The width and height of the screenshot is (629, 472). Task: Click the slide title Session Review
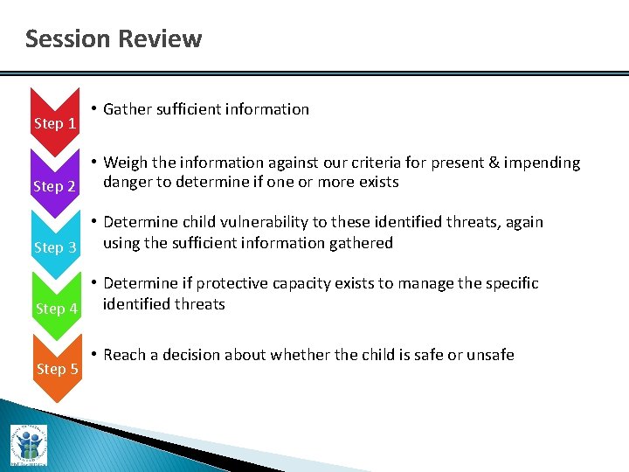(114, 39)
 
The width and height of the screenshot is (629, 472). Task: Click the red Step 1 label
(55, 123)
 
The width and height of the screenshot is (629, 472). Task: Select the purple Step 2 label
(55, 186)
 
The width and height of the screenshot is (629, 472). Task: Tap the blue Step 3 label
(55, 247)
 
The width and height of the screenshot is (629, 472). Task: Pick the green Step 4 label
(56, 309)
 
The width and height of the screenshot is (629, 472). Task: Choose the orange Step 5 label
(58, 369)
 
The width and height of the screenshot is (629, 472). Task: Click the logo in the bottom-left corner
(29, 446)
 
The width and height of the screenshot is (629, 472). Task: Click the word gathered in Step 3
(362, 243)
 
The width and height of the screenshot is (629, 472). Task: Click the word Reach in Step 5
(125, 355)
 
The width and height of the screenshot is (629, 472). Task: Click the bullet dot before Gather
(93, 109)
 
